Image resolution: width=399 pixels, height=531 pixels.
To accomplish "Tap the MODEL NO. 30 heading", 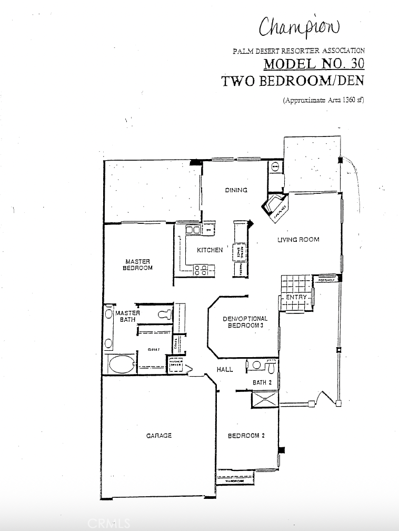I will click(314, 64).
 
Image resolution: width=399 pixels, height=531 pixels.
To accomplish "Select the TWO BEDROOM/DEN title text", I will click(293, 81).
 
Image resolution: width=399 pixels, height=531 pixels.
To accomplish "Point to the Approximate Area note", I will click(323, 100).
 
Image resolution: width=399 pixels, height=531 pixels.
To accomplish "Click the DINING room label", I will click(236, 190).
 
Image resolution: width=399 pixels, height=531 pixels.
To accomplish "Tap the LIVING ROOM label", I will click(298, 240).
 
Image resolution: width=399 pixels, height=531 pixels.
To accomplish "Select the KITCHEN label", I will click(210, 250).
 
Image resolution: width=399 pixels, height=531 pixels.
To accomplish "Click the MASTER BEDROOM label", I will click(138, 264).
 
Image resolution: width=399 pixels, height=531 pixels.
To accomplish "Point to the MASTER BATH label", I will click(127, 316).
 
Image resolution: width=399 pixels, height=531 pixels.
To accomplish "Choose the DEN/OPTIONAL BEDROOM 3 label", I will click(245, 322).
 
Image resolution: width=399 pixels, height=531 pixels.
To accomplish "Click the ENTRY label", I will click(296, 298).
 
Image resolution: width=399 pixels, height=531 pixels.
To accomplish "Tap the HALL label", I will click(225, 370).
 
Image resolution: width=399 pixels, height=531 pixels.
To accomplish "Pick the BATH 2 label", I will click(262, 382).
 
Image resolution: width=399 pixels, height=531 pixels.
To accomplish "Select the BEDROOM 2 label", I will click(243, 436).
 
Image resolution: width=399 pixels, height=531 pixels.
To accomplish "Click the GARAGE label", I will click(159, 436).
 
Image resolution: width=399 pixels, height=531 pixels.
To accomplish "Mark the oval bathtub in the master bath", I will click(121, 363).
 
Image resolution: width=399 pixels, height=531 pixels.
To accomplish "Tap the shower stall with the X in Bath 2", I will click(265, 399).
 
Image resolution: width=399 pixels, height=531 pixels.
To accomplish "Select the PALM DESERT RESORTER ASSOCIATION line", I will click(299, 51).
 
